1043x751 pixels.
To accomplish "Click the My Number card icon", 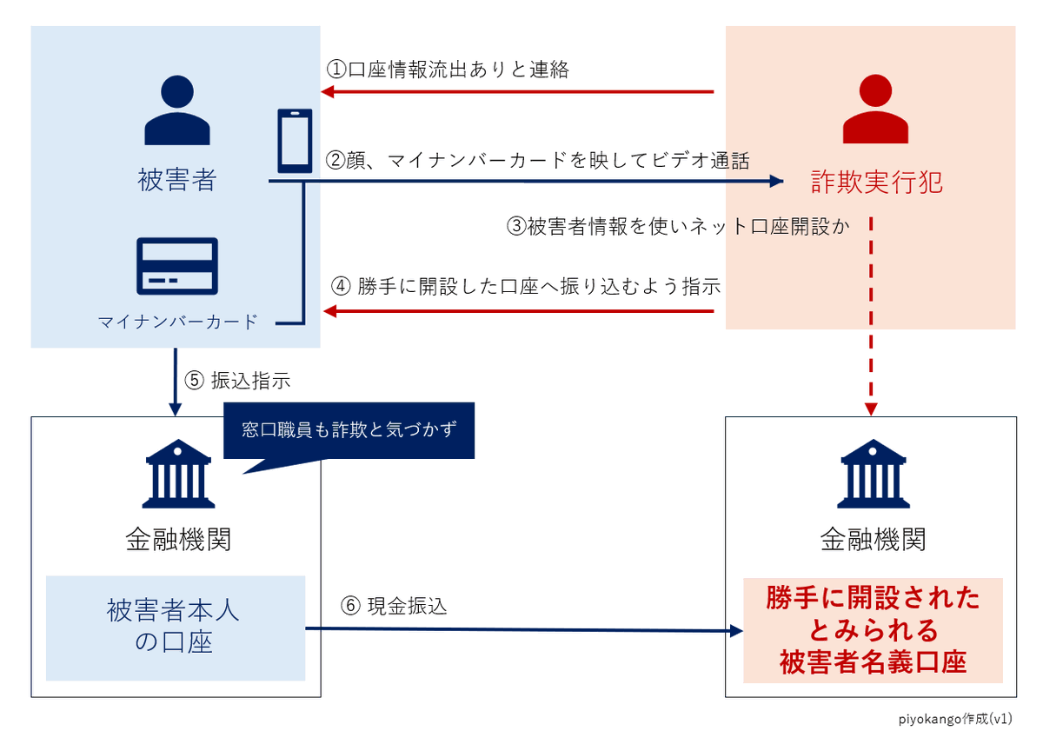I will (x=177, y=265).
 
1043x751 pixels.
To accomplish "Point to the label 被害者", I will (x=177, y=180).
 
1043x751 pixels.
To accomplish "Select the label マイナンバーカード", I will (x=177, y=322).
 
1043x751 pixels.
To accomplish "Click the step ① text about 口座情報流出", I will (x=448, y=70).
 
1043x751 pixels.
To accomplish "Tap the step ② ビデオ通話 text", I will (x=537, y=160).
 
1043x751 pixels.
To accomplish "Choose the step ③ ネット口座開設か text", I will (x=677, y=226).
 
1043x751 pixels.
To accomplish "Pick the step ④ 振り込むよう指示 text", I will (x=527, y=286).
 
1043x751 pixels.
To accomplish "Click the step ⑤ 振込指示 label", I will (x=237, y=381).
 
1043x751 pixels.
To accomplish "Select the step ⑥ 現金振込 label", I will (x=395, y=606).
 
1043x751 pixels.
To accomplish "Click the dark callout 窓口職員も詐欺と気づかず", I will (x=349, y=430).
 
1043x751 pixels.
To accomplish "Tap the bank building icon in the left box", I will (x=177, y=473).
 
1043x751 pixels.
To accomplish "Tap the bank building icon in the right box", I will (x=873, y=473).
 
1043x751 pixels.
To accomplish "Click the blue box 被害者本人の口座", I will (x=175, y=627).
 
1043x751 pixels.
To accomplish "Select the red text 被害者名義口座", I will (x=873, y=663).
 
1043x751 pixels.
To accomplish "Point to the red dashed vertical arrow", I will (x=873, y=313).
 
